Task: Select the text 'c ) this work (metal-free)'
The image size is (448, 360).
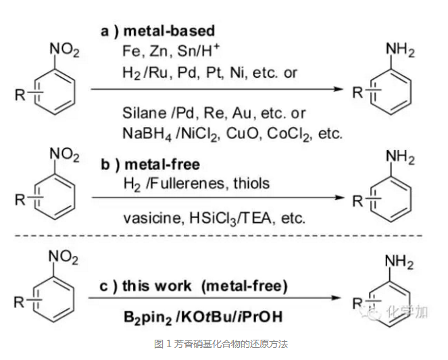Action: coord(193,286)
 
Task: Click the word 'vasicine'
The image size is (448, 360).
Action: coord(146,217)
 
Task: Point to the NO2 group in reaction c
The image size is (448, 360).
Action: coord(65,258)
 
